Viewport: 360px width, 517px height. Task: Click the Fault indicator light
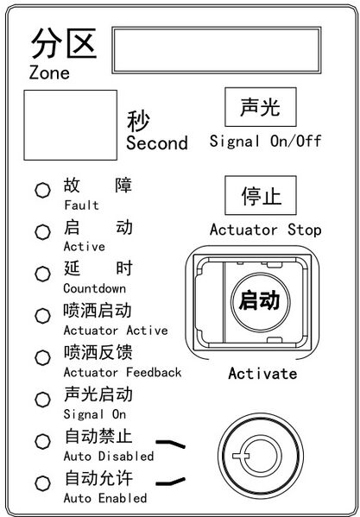pos(43,190)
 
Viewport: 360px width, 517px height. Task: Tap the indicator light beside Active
pos(43,232)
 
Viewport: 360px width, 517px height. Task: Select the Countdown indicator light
pos(43,274)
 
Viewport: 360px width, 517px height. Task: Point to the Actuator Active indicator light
pos(43,316)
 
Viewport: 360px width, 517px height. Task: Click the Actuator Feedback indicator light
pos(43,357)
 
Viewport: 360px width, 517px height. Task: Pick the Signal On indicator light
pos(43,400)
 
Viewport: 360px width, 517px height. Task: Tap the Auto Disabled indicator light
pos(43,442)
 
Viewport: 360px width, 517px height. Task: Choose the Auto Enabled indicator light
pos(43,483)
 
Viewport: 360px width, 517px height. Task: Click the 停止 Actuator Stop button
pos(261,195)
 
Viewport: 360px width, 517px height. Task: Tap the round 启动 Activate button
pos(261,301)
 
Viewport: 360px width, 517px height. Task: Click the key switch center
pos(261,456)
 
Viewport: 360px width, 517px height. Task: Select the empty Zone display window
pos(217,50)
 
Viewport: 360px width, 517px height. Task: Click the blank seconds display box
pos(70,125)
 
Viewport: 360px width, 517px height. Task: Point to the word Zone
pos(49,73)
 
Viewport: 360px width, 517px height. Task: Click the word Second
pos(157,143)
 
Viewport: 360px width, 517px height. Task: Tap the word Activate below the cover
pos(262,374)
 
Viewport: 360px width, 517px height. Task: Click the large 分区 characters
pos(64,43)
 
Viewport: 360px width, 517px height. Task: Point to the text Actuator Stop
pos(265,230)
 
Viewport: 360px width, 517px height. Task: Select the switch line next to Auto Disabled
pos(170,444)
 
